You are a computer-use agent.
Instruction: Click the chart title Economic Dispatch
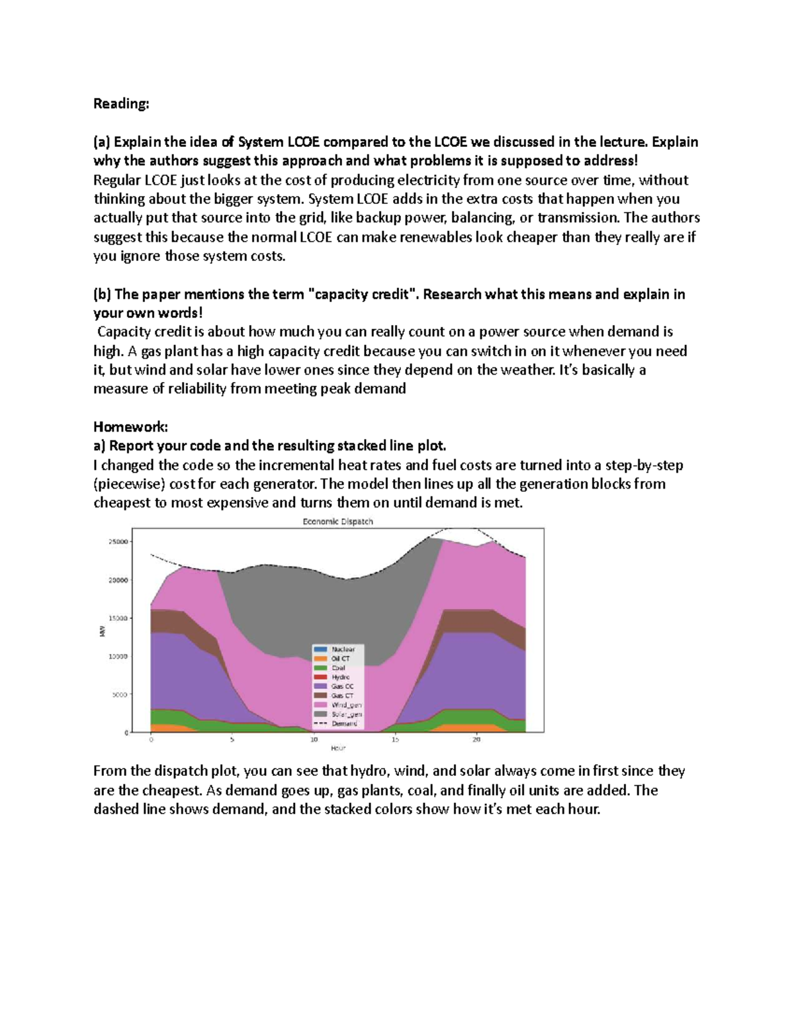tap(337, 522)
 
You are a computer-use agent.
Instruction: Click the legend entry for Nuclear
tap(343, 649)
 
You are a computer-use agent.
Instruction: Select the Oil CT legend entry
tap(341, 659)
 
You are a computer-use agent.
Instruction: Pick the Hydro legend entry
tap(341, 677)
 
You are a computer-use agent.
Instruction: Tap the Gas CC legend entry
tap(342, 686)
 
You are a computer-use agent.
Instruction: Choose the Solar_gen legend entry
tap(346, 714)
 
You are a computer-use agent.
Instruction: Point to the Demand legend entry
tap(344, 724)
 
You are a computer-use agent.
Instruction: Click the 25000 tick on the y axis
tap(118, 541)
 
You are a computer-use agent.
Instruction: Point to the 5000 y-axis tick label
tap(120, 695)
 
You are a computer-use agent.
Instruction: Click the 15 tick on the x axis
tap(395, 739)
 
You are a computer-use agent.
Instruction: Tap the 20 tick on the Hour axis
tap(476, 739)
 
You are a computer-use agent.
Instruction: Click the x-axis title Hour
tap(338, 748)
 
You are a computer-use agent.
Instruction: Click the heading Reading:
tap(121, 104)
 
